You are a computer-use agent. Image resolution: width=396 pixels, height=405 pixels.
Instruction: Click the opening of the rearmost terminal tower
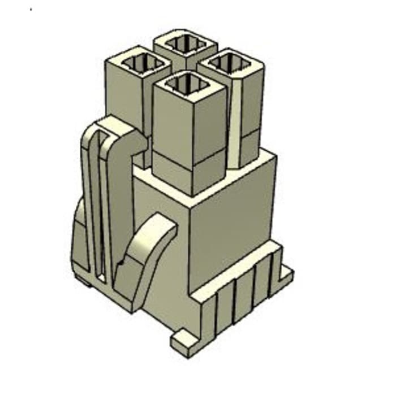pyautogui.click(x=185, y=44)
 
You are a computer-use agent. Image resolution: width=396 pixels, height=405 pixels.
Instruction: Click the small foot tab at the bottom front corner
pyautogui.click(x=184, y=342)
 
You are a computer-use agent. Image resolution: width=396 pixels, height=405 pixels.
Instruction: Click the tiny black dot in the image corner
pyautogui.click(x=31, y=10)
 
